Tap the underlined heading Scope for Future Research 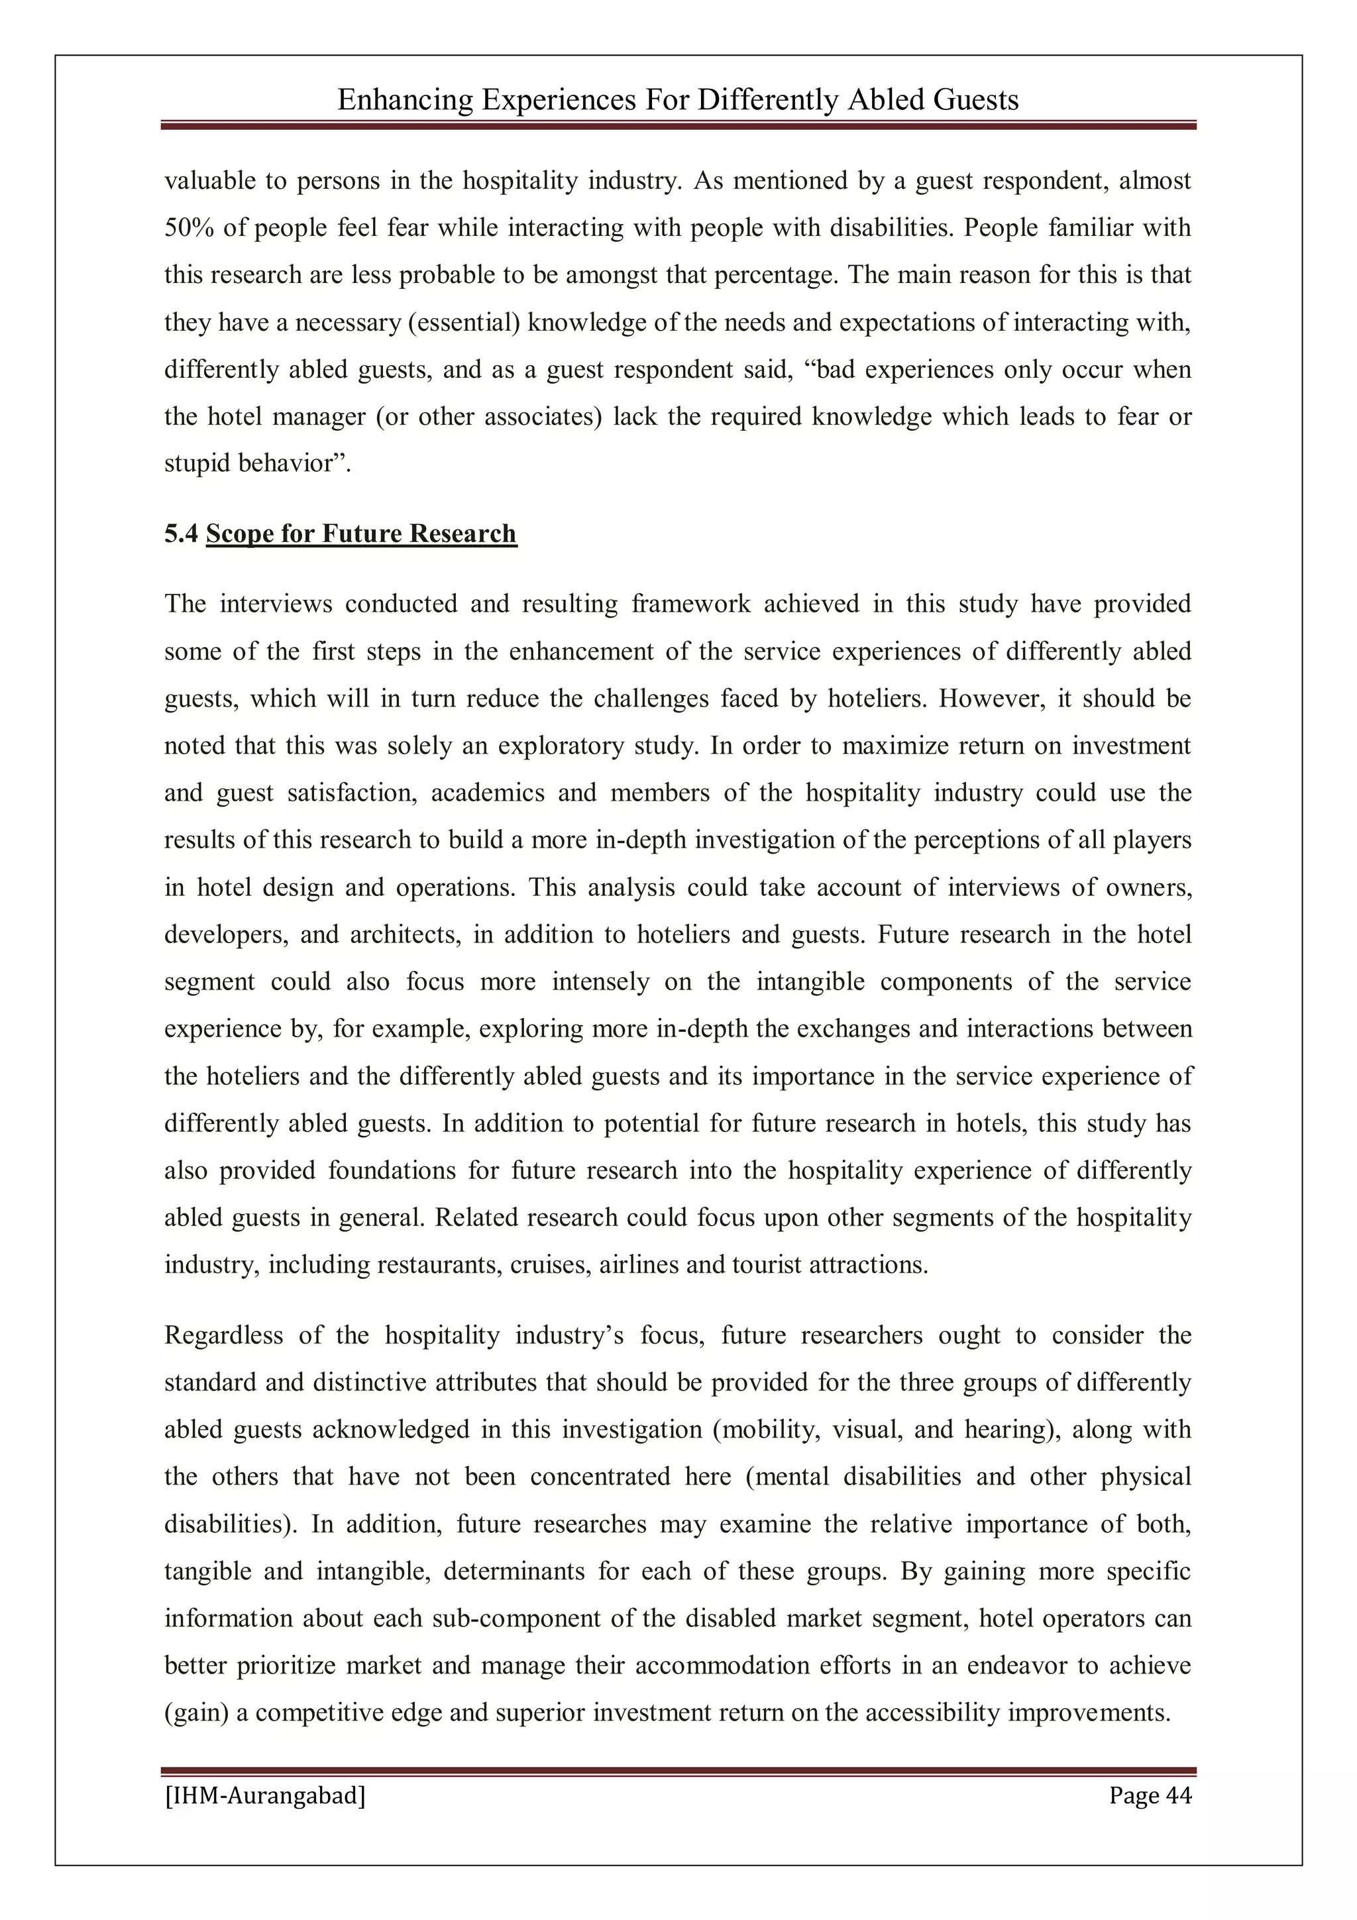point(361,534)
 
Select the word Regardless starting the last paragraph point(223,1335)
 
